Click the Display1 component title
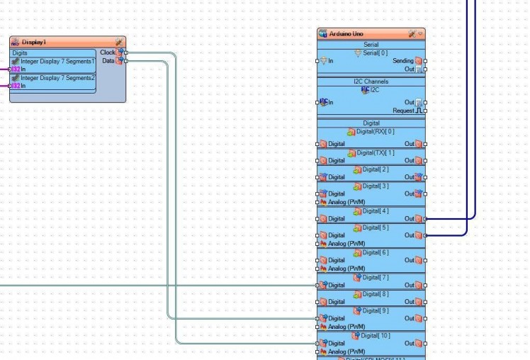[x=34, y=42]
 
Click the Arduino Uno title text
[x=346, y=33]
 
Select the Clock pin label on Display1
[x=108, y=52]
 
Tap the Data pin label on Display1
[x=108, y=61]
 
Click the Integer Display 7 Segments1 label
[x=57, y=62]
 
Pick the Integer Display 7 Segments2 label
[x=57, y=78]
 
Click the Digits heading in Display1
[x=21, y=53]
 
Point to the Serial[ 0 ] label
[x=376, y=53]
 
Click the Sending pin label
[x=403, y=62]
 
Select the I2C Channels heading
[x=371, y=82]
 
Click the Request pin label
[x=403, y=111]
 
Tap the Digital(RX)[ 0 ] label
[x=375, y=131]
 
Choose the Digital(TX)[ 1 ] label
[x=375, y=152]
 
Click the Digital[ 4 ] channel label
[x=375, y=210]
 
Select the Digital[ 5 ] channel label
[x=375, y=227]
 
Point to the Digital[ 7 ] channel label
[x=375, y=277]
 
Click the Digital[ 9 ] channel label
[x=375, y=310]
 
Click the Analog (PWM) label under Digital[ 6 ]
[x=346, y=269]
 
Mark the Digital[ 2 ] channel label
[x=375, y=169]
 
